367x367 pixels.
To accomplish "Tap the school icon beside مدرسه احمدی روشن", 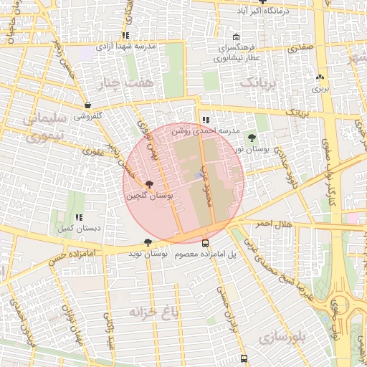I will tap(206, 120).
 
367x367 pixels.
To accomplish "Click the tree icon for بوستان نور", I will tap(252, 137).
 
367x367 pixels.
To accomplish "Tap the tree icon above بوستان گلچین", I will tap(148, 186).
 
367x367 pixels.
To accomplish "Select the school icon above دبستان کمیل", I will tap(79, 217).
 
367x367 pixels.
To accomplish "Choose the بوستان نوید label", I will tap(148, 254).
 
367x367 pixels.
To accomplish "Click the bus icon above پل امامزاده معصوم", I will tap(206, 244).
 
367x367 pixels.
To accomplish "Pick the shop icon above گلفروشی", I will tap(87, 105).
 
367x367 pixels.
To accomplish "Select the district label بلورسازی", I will tap(282, 335).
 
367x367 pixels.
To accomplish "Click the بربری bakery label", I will tap(320, 90).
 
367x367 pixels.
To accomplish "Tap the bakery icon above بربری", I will tap(320, 77).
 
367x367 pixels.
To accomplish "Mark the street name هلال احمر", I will tap(272, 224).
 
